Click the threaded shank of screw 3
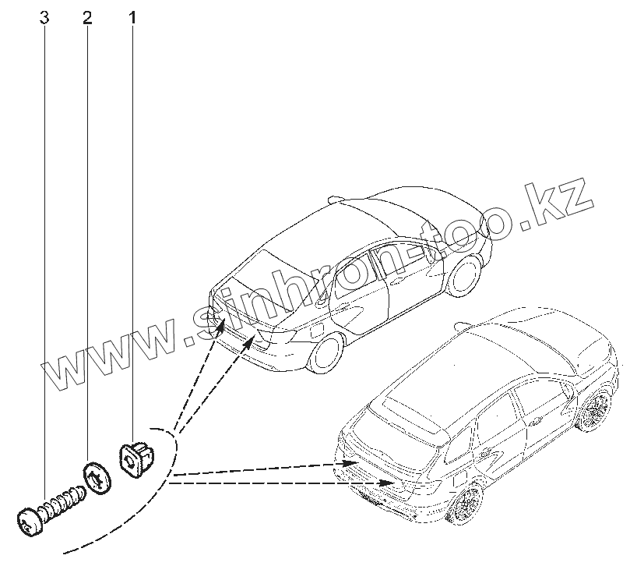pos(63,501)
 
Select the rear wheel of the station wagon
pos(465,507)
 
